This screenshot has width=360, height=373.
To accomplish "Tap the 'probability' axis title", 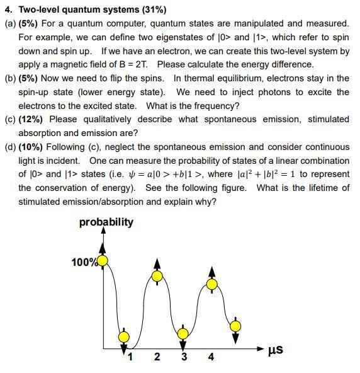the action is [106, 222].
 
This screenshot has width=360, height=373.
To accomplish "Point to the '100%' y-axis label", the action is [84, 262].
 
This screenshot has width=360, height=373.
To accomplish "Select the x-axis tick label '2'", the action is [157, 357].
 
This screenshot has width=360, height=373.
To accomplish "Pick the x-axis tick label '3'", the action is [184, 357].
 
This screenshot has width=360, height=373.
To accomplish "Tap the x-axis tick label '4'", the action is [211, 357].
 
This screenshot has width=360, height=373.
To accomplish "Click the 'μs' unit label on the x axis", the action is [274, 350].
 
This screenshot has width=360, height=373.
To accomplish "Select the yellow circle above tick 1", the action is [124, 337].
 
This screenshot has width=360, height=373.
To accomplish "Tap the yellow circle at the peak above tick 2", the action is [157, 276].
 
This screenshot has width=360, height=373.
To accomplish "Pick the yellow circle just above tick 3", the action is [183, 334].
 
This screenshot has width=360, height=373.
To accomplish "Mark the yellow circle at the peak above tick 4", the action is [212, 284].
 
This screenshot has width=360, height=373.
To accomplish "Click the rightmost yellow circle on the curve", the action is [235, 326].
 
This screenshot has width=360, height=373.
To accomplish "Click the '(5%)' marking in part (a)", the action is [28, 23].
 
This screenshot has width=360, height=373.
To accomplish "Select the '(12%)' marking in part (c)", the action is [31, 119].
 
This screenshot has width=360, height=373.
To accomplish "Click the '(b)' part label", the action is [10, 78].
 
